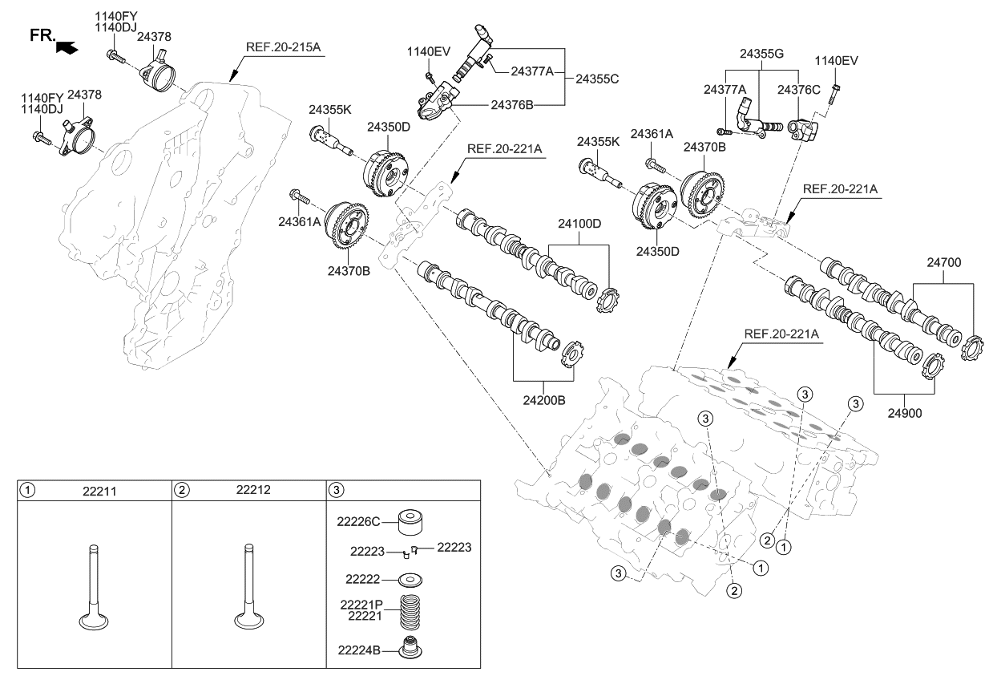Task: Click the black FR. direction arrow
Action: [x=69, y=48]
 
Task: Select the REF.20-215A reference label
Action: [x=283, y=47]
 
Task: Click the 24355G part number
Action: [x=761, y=55]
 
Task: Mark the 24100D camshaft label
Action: [x=574, y=223]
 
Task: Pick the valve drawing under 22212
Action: [x=248, y=589]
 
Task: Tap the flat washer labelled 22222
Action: [x=410, y=579]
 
